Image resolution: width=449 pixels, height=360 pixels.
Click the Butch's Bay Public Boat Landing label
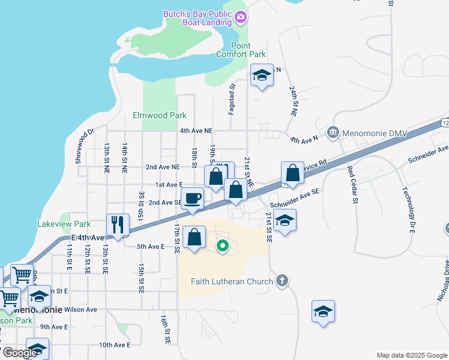(197, 18)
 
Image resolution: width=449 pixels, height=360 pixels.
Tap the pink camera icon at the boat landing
(241, 17)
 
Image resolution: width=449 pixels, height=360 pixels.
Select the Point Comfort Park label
(249, 50)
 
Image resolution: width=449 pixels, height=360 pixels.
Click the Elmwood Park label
(160, 115)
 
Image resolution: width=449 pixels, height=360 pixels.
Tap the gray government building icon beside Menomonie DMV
(332, 132)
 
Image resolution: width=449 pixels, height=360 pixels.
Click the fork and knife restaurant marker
(118, 224)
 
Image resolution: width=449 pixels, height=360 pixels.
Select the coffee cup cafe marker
(193, 197)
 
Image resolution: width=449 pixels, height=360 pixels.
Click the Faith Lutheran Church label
(232, 281)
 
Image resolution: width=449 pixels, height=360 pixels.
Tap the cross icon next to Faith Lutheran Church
(282, 281)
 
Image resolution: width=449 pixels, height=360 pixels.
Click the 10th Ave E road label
(114, 345)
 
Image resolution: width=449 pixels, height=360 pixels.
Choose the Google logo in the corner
(20, 353)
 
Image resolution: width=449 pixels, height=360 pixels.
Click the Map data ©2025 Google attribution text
(411, 355)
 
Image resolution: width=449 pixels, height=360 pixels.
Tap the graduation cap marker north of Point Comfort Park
(262, 75)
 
